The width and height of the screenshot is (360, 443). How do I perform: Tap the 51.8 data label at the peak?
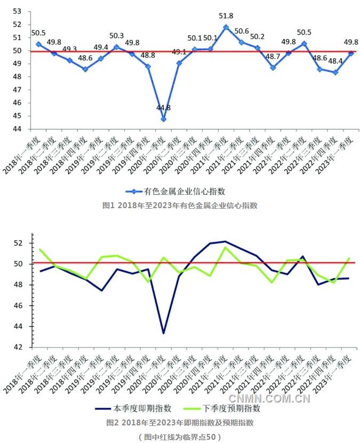(226, 17)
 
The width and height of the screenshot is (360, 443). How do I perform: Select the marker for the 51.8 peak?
(226, 27)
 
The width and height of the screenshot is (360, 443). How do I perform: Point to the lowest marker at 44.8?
(163, 118)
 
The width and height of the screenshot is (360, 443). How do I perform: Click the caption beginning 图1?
(180, 205)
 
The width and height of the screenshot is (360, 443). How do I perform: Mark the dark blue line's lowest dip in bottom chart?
(164, 333)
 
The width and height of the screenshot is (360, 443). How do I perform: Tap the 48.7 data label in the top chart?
(273, 56)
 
